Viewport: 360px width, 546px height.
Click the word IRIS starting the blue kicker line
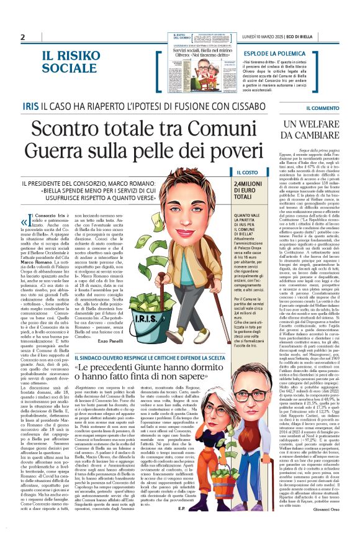pos(30,107)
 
